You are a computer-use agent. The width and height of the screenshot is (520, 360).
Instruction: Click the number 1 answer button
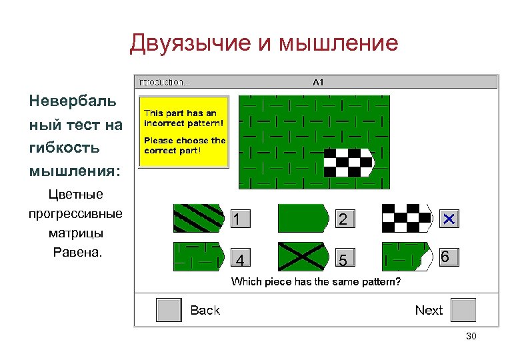tap(241, 219)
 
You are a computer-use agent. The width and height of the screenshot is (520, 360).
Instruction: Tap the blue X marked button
tap(449, 219)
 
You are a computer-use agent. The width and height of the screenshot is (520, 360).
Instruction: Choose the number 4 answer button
tap(241, 258)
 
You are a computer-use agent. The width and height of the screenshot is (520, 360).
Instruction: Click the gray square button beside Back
tap(169, 310)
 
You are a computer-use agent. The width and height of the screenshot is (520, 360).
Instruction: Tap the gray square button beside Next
tap(463, 310)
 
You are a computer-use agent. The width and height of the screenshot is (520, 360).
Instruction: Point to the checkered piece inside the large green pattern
tap(349, 162)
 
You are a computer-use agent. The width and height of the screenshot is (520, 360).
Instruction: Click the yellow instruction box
tap(183, 132)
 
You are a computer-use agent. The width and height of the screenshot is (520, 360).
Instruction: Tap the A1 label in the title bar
tap(318, 82)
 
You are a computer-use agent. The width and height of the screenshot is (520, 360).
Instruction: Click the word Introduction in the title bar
tap(163, 82)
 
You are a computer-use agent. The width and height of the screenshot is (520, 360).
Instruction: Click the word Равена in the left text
tap(75, 253)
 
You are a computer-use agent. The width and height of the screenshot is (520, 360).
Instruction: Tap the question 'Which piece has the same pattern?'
tap(316, 282)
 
